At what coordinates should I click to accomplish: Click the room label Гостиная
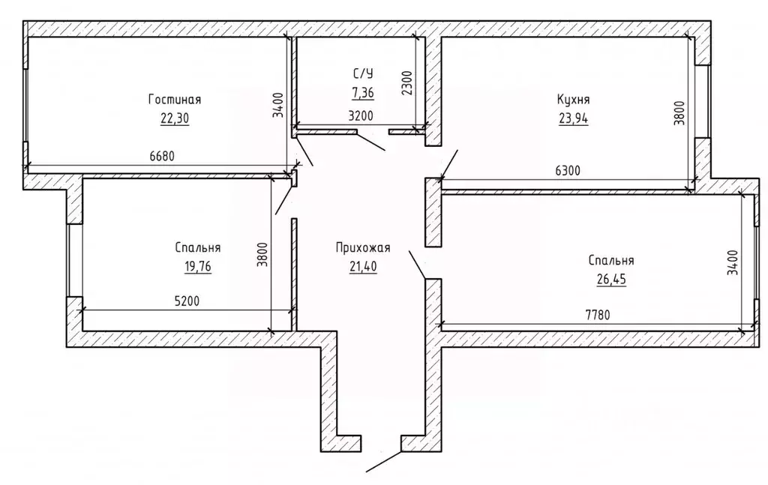[x=175, y=100]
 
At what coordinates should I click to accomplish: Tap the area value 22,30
[x=174, y=118]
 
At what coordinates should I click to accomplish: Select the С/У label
[x=363, y=74]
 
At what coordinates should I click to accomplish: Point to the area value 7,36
[x=363, y=91]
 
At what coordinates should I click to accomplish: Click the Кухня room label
[x=574, y=100]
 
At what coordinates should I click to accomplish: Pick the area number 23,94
[x=574, y=118]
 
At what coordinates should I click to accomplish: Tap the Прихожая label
[x=363, y=247]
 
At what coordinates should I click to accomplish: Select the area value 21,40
[x=363, y=266]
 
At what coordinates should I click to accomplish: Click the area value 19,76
[x=198, y=267]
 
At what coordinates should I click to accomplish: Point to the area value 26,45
[x=611, y=279]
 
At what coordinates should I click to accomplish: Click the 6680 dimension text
[x=162, y=156]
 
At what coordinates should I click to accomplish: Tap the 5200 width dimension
[x=187, y=301]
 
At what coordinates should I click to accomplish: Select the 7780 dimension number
[x=598, y=315]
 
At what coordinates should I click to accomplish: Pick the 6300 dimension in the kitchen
[x=568, y=171]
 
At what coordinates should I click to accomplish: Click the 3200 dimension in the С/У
[x=361, y=116]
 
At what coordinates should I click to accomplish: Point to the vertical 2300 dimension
[x=407, y=83]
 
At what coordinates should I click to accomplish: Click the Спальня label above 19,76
[x=198, y=247]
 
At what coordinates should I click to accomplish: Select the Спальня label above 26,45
[x=611, y=260]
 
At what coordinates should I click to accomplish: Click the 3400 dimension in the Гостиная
[x=278, y=105]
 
